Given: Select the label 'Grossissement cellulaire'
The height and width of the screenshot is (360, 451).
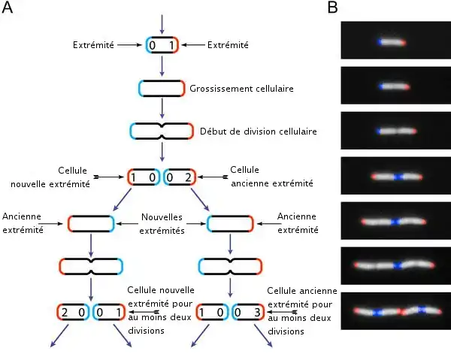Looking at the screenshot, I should [x=241, y=89].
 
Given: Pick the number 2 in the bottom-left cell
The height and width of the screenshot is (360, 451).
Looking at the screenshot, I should [x=65, y=311].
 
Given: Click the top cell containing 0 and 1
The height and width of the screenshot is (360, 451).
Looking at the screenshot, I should [x=162, y=46].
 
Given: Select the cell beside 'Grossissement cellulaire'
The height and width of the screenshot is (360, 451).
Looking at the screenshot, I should [x=162, y=89].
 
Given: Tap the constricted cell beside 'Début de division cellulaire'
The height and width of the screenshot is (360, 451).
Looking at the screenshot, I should [x=162, y=132].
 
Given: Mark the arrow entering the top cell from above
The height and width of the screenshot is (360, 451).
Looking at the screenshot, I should [x=162, y=22].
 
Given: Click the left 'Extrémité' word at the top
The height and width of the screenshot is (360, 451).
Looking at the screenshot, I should [x=93, y=46].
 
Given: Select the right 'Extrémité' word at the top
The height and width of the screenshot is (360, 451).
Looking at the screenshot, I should [x=228, y=46].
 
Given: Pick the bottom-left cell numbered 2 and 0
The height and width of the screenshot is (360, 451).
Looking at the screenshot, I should [x=73, y=311].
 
